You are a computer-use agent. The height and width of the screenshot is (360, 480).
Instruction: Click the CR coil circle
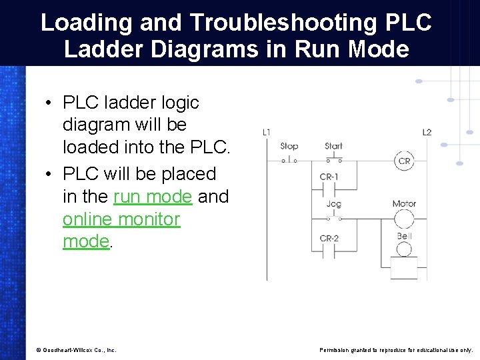(404, 161)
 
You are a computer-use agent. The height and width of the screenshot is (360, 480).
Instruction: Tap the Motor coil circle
(404, 219)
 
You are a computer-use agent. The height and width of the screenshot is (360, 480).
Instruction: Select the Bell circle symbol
(404, 249)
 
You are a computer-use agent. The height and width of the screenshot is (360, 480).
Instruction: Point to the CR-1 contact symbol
(329, 189)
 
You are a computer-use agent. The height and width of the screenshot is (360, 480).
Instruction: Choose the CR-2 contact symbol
(329, 251)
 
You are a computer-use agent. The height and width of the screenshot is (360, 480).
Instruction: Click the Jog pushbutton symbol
(333, 217)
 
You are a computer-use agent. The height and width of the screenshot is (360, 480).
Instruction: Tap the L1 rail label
(267, 133)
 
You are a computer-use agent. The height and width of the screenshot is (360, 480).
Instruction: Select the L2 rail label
(427, 133)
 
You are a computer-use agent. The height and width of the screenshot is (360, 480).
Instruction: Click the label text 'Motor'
(404, 204)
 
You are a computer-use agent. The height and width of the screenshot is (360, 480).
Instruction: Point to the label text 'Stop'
(289, 147)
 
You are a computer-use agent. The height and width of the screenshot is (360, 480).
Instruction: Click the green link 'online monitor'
(121, 219)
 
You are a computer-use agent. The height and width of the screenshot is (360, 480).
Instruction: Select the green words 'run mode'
(153, 197)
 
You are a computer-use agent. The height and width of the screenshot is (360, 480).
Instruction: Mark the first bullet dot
(50, 103)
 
